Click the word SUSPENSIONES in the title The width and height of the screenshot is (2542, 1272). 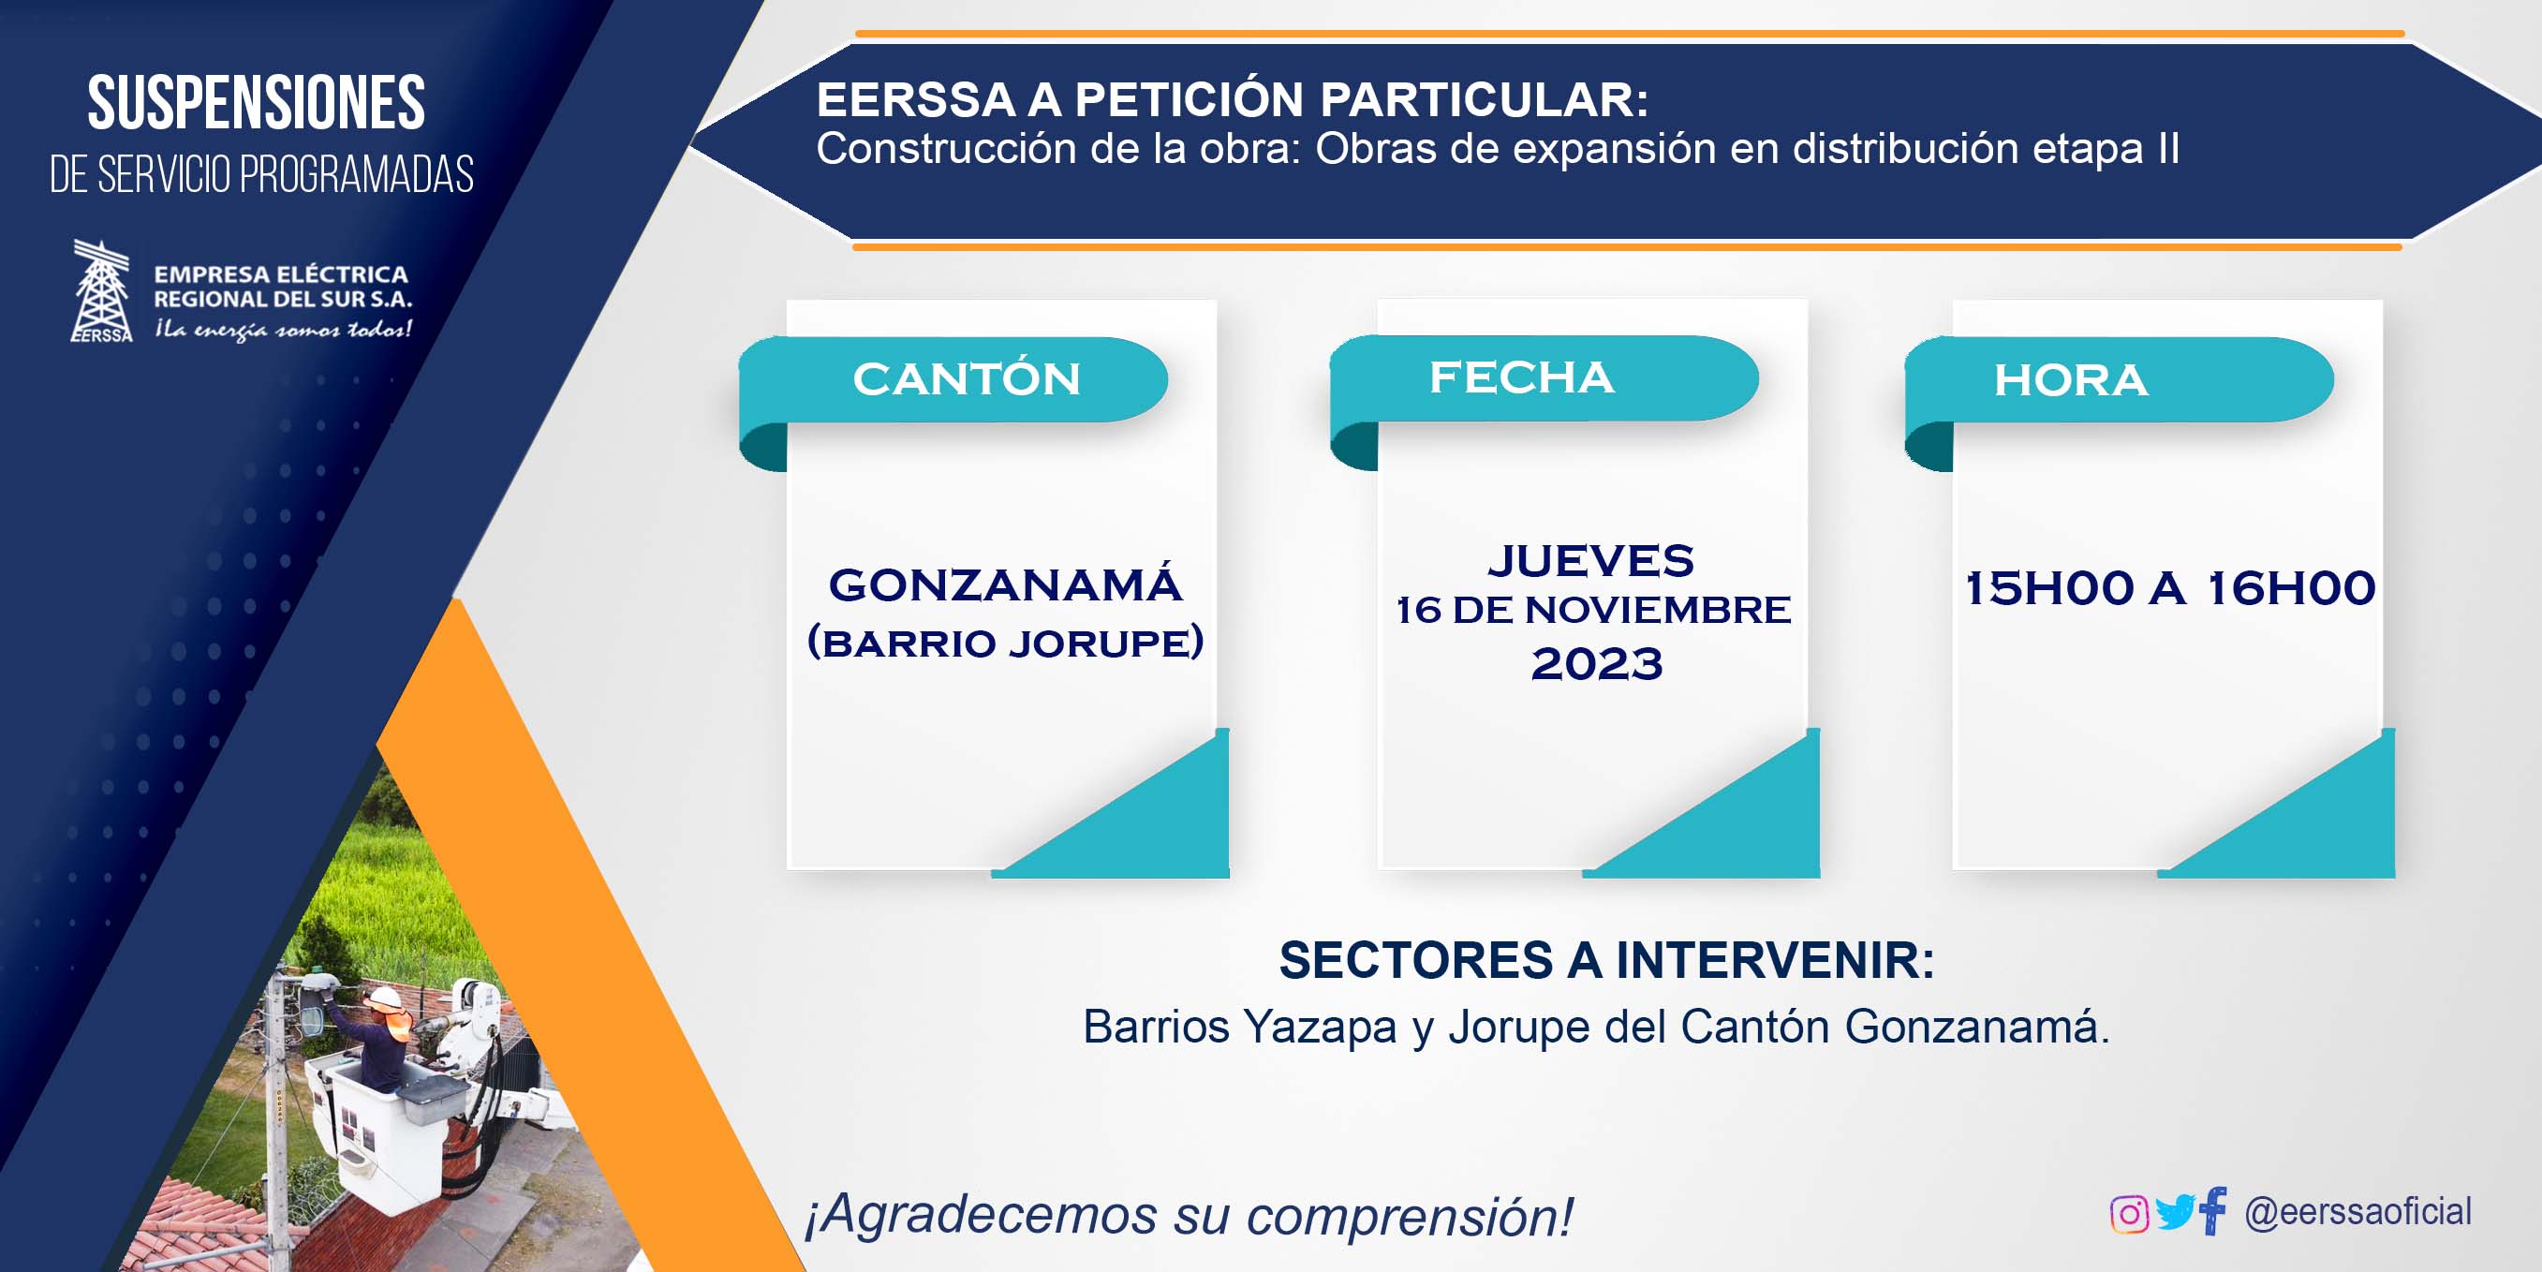257,103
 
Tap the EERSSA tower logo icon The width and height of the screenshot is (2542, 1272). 102,291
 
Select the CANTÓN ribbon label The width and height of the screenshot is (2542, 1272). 967,379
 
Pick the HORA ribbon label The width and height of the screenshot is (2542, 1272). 2071,381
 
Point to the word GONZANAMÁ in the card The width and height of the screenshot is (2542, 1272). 1006,584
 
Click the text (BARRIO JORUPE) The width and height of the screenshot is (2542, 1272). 1006,642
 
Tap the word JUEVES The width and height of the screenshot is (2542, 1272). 1591,560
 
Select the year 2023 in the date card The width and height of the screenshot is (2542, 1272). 1597,663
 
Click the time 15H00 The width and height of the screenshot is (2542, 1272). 2049,588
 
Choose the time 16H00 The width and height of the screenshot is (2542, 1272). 2291,588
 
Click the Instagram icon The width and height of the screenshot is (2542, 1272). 2129,1214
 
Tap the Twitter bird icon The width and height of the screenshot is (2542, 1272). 2174,1212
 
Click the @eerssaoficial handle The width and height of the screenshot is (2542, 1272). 2358,1211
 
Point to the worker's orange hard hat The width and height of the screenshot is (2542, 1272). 385,998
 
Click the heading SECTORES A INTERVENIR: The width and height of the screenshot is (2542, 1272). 1606,960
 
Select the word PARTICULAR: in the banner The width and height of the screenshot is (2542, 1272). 1485,99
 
